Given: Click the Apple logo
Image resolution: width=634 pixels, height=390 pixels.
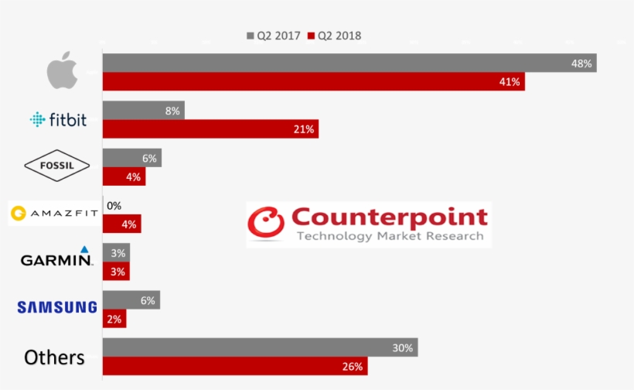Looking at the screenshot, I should coord(63,71).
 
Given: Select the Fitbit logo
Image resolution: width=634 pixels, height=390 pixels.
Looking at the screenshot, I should coord(58,119).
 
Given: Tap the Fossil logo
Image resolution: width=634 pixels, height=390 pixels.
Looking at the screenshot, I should coord(58,165).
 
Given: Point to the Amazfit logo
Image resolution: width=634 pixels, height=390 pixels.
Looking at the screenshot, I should coord(53,214).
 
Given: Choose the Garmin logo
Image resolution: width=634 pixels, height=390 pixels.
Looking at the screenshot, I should coord(56,258).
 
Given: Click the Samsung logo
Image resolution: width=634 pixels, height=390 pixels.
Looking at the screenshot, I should coord(57,307).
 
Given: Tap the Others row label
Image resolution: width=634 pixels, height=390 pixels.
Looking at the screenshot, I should coord(54,357).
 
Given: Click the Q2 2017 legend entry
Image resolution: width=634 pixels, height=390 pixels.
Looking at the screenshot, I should coord(274,36).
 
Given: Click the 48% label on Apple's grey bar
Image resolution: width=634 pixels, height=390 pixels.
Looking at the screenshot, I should coord(581,63).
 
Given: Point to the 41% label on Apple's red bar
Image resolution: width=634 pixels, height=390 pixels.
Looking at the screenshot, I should coord(511,81).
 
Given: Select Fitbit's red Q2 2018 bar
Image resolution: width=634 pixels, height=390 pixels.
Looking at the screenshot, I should coord(210,129).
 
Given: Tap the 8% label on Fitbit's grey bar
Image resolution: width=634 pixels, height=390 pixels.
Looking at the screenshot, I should coord(172,111).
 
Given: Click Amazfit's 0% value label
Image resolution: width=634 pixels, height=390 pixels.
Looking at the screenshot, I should coord(114,206).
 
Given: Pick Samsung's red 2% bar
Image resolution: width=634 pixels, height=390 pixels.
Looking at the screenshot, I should coord(114,319).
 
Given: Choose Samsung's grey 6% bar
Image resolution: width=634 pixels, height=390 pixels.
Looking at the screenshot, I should coord(131,300).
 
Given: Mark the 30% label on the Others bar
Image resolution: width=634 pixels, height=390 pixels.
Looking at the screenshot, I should coord(402,347).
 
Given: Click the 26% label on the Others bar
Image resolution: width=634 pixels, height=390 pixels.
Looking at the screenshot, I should coord(352,366).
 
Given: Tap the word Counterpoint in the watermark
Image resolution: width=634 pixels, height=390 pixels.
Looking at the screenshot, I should coord(390,217).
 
